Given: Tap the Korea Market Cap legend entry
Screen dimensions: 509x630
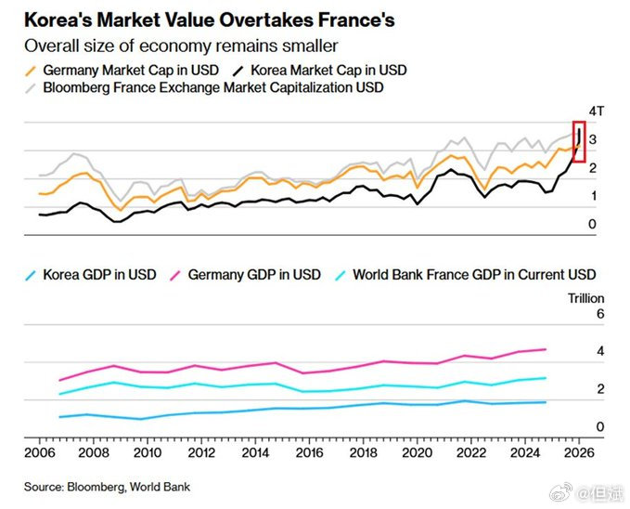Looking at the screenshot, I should point(330,70).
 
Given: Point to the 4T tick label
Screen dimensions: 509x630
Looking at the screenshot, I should point(598,111).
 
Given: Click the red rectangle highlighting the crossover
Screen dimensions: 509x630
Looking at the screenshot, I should point(580,141).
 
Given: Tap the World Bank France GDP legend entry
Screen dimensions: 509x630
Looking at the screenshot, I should point(464,274).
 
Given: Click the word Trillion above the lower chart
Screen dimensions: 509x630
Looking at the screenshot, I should point(585,298).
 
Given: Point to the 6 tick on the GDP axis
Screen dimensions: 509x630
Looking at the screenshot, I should point(599,314).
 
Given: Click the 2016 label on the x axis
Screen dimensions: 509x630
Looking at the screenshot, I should point(310,452).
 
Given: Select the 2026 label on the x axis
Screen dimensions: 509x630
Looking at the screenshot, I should point(581,452).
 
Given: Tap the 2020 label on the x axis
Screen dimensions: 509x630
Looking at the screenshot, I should point(418,452).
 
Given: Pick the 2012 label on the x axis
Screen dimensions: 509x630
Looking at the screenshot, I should point(202,452).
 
